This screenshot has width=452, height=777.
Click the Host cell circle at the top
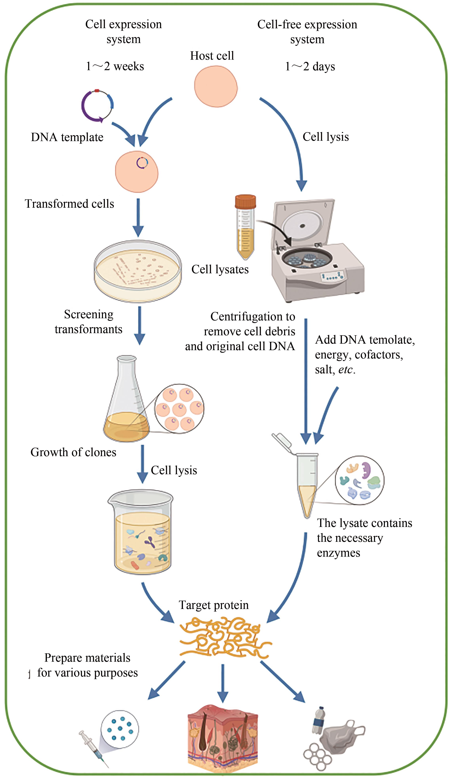click(216, 87)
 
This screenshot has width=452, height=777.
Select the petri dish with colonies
click(138, 271)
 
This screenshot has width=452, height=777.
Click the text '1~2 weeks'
click(115, 66)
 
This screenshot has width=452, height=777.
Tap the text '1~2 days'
click(310, 67)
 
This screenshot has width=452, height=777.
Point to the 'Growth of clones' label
click(73, 452)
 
